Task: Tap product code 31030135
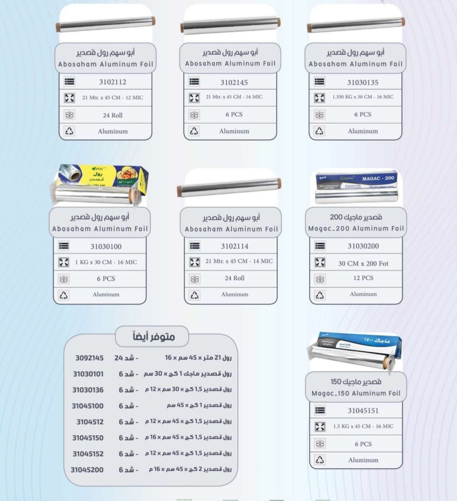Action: coord(363,82)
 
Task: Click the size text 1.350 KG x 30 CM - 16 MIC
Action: coord(363,97)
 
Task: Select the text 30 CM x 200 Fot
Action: coord(363,263)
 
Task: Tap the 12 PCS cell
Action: coord(363,278)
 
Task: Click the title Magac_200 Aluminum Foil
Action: coord(356,228)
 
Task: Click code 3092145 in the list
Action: coord(90,358)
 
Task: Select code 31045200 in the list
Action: coord(87,469)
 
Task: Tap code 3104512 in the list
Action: coord(91,421)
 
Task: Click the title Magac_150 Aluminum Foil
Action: coord(356,393)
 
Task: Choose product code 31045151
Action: coord(363,410)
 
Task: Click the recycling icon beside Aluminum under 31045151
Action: coord(320,460)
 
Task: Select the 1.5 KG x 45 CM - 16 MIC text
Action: coord(363,426)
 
